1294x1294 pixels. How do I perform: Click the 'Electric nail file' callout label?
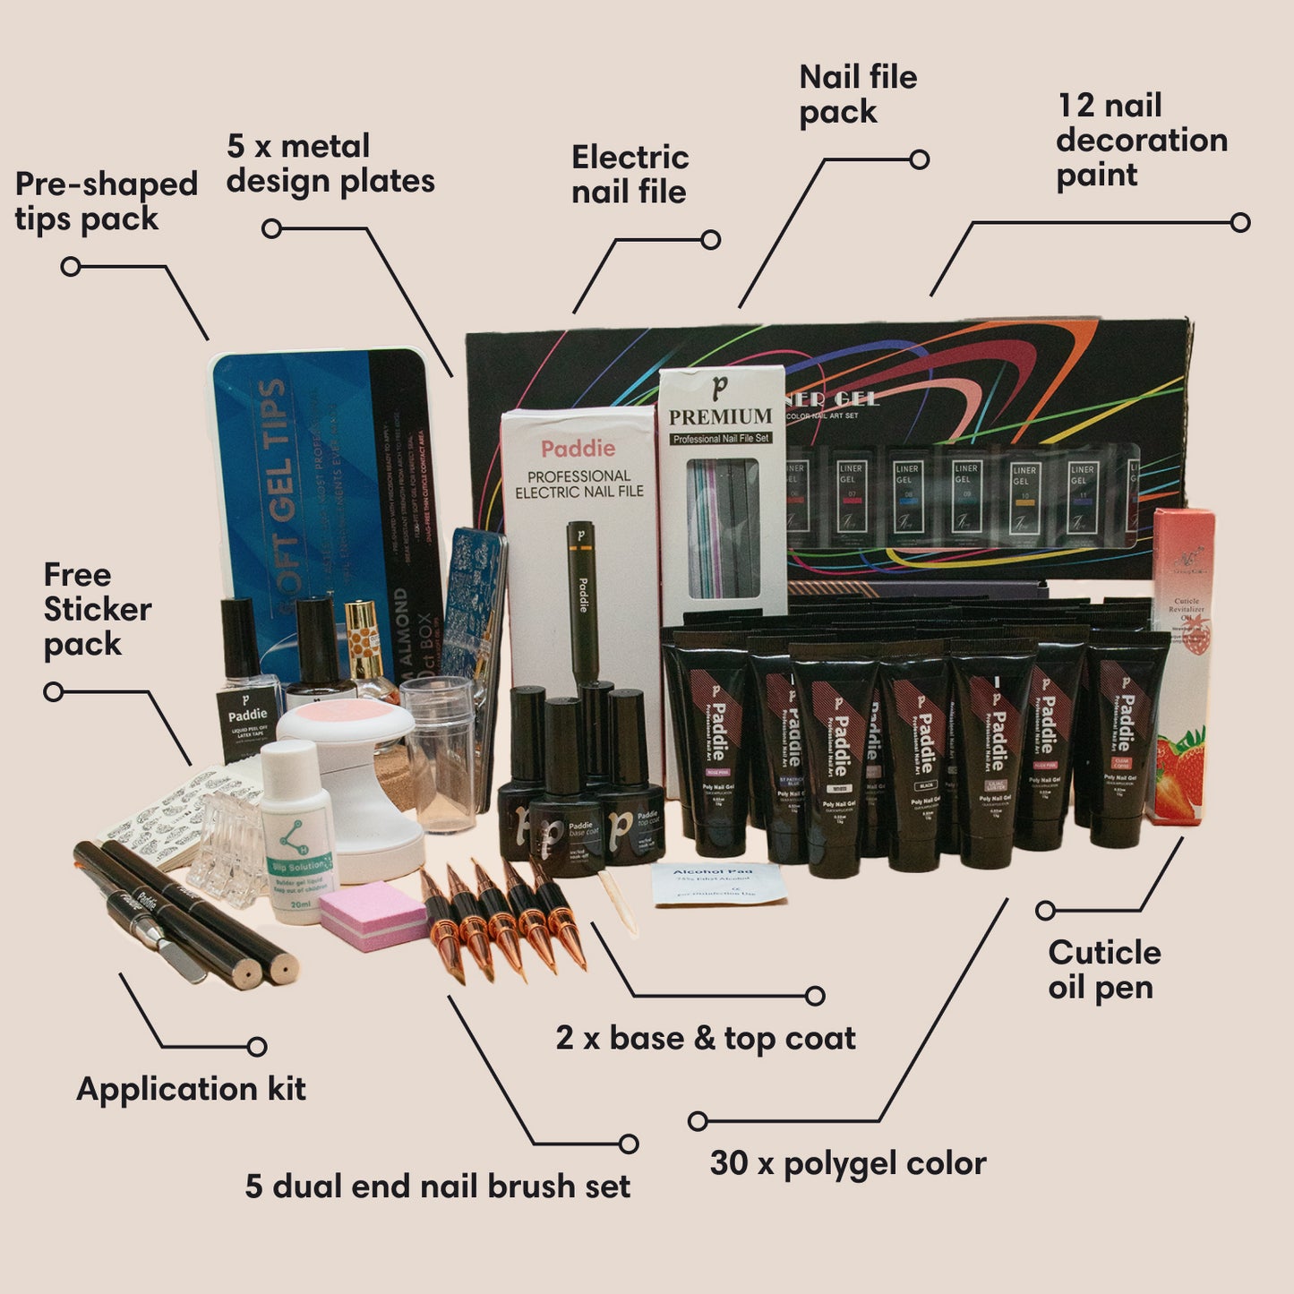[x=630, y=174]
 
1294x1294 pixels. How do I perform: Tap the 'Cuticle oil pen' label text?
[x=1103, y=970]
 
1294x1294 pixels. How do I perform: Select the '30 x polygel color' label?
[x=847, y=1163]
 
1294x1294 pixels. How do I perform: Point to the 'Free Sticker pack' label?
[x=96, y=609]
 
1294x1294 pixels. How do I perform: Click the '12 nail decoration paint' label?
[x=1141, y=140]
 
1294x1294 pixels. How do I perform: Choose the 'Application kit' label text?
[x=191, y=1089]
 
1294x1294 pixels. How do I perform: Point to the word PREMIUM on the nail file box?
[x=720, y=416]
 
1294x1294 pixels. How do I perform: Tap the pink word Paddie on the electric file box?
[x=578, y=449]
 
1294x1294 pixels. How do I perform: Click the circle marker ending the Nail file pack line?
[x=919, y=160]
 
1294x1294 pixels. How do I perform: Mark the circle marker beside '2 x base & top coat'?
[x=814, y=996]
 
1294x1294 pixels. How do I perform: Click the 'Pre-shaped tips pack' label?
[x=106, y=201]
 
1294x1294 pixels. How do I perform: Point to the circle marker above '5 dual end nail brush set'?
[x=629, y=1144]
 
